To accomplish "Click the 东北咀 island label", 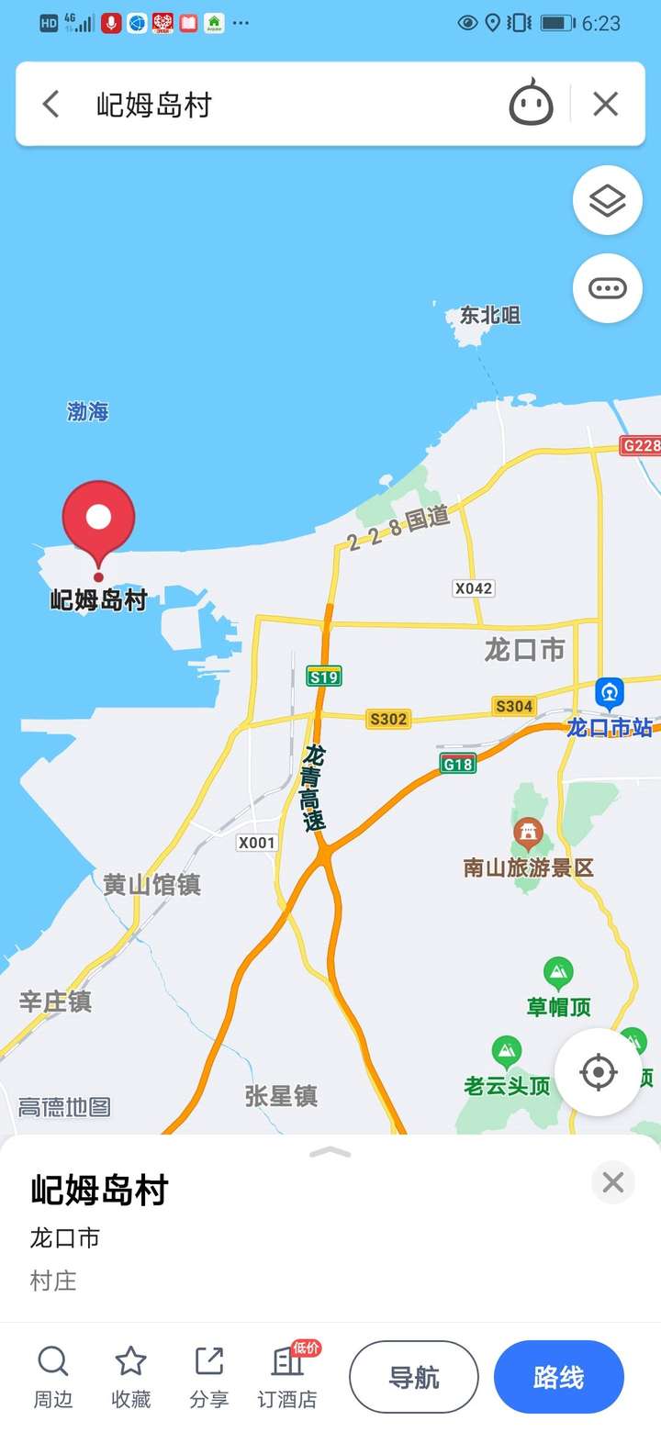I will pos(489,316).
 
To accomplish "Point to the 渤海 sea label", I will pos(88,411).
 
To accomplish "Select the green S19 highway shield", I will pos(324,677).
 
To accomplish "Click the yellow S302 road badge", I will pos(387,719).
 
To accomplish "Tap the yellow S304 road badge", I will pos(513,706).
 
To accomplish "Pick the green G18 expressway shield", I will pos(457,764).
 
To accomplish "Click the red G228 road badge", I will pos(641,446).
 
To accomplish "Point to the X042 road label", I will pos(474,588).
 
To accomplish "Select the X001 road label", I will pos(256,843).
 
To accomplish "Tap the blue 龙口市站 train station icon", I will pos(610,692).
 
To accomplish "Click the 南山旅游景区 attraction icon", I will pos(528,833).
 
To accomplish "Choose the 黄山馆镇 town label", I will pos(151,885).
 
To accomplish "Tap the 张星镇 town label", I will pos(281,1095).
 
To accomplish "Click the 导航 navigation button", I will pos(414,1377).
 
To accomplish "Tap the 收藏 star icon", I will pos(130,1362).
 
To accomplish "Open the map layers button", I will pos(607,200).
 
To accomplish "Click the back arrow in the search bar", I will pos(51,105).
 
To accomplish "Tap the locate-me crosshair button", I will pos(599,1071).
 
